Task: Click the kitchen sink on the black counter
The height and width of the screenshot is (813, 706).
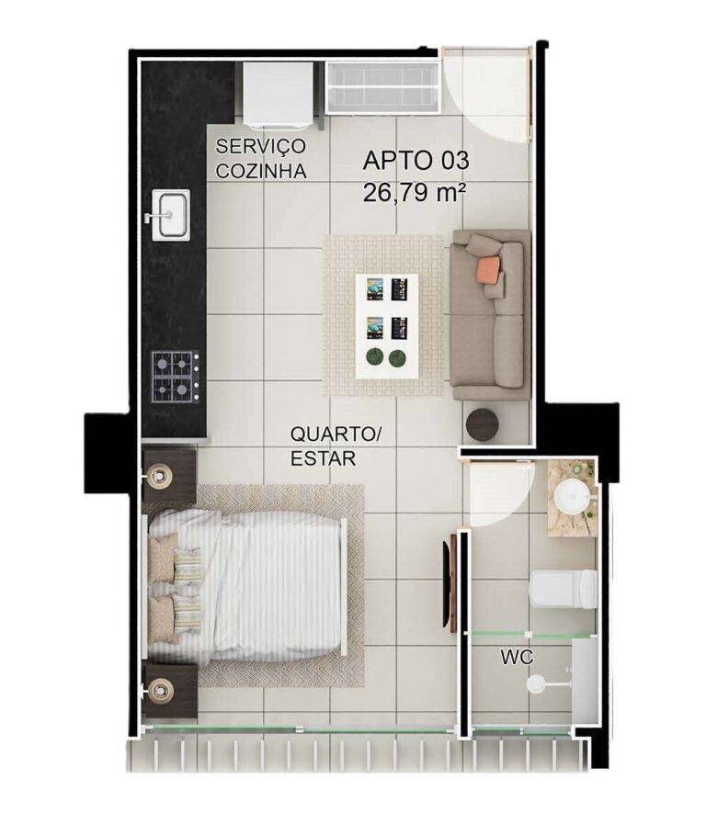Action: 170,215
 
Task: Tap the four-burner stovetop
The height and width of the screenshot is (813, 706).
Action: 176,377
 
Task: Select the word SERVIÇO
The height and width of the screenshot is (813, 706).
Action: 260,146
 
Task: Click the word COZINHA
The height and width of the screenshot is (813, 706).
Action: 261,171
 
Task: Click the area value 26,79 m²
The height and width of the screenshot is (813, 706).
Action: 414,193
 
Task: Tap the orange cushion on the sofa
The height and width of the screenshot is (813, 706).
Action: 489,267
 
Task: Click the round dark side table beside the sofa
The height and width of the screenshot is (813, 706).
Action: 482,424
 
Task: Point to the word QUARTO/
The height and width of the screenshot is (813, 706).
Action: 336,434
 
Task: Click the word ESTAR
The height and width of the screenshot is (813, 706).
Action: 323,458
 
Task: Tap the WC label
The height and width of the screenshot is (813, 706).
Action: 517,658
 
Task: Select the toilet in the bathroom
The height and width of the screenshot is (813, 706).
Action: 564,589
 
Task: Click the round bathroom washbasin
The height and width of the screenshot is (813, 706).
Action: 572,497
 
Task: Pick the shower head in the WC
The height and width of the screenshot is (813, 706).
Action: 536,683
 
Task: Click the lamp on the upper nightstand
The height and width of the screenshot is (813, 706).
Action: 159,476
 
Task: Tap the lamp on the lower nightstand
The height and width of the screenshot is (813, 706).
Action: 159,690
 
